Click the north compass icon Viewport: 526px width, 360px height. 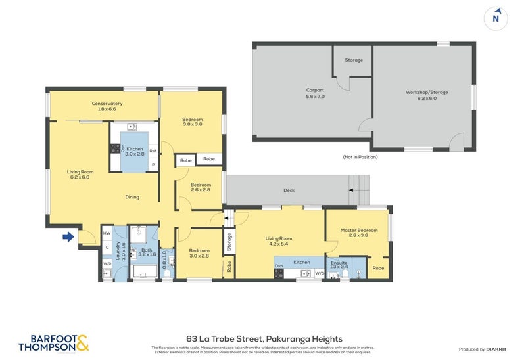pos(496,18)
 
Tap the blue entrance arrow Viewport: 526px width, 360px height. pos(68,236)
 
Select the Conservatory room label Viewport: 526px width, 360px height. pos(107,106)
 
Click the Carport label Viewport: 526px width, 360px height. pos(315,93)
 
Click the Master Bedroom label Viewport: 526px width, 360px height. pos(358,233)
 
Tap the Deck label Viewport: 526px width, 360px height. pos(289,191)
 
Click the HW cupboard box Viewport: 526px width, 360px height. pos(107,233)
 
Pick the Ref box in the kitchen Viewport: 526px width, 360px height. pos(153,150)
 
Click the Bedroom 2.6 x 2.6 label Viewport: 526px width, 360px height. pos(200,187)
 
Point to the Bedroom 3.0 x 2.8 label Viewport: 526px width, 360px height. pos(199,253)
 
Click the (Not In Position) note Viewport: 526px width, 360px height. pos(360,157)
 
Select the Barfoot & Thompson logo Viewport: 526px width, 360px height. pos(53,342)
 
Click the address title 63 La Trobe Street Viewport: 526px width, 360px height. pos(262,338)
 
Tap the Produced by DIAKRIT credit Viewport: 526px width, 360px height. pos(481,349)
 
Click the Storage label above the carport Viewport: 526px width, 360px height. pos(354,60)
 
